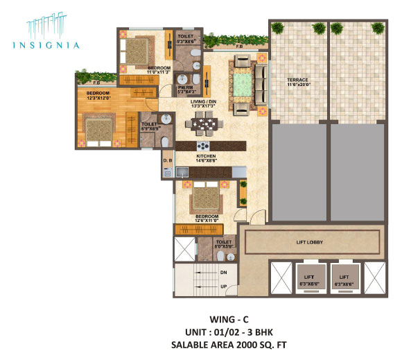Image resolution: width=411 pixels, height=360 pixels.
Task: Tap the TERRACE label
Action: point(298,80)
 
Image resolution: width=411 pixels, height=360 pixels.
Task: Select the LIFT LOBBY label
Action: point(310,243)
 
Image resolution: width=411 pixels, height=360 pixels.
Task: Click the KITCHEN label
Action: point(207,157)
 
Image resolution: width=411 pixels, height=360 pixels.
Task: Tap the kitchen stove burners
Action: point(204,146)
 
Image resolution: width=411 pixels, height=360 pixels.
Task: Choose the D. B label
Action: point(167,162)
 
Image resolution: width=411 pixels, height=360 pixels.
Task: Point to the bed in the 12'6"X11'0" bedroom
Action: point(206,198)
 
